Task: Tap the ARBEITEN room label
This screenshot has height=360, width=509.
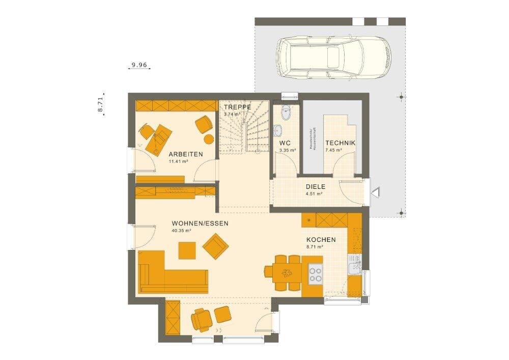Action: click(x=186, y=154)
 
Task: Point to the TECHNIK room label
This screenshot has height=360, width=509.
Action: click(x=340, y=143)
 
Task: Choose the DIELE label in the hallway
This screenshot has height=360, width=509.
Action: click(x=316, y=187)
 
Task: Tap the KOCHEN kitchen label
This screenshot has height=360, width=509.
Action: click(x=321, y=240)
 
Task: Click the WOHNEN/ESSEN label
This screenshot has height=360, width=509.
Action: click(x=200, y=224)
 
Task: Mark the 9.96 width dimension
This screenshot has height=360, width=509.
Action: click(x=139, y=65)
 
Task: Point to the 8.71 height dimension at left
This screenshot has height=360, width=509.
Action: click(x=101, y=104)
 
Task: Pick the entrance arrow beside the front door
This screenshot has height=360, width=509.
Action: click(x=377, y=192)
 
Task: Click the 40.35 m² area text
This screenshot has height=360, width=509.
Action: click(x=181, y=231)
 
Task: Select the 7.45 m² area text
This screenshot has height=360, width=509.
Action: click(x=333, y=151)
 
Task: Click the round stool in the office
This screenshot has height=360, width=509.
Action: click(x=209, y=139)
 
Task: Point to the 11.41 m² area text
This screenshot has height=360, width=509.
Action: click(x=179, y=161)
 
